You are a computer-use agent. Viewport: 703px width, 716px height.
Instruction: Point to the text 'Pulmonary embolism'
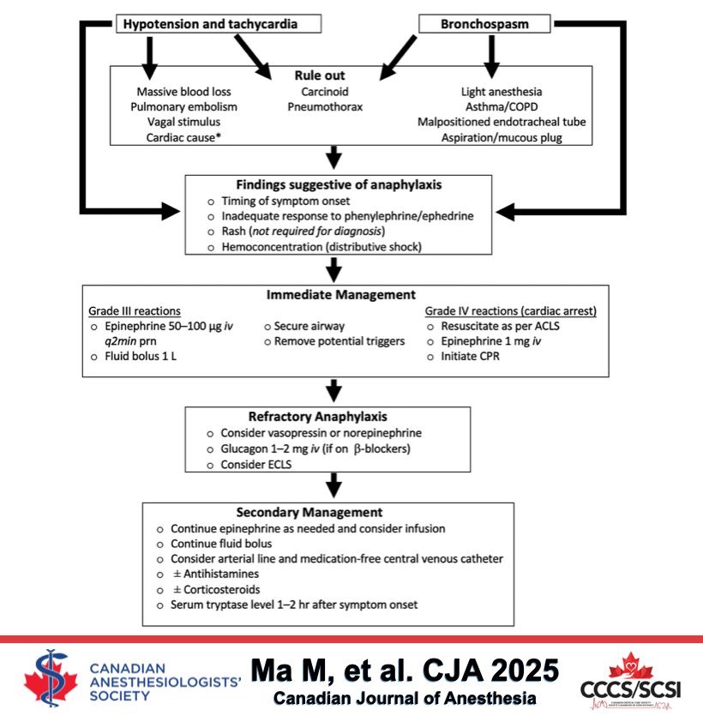[x=183, y=107]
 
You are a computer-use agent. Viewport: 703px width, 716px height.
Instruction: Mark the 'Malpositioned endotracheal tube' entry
[x=502, y=123]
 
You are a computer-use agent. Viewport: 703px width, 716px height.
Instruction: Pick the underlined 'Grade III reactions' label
[x=135, y=310]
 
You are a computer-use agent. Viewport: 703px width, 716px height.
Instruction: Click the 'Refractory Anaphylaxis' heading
[x=329, y=417]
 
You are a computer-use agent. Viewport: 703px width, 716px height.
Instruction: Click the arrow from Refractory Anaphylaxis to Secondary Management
[x=329, y=487]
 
